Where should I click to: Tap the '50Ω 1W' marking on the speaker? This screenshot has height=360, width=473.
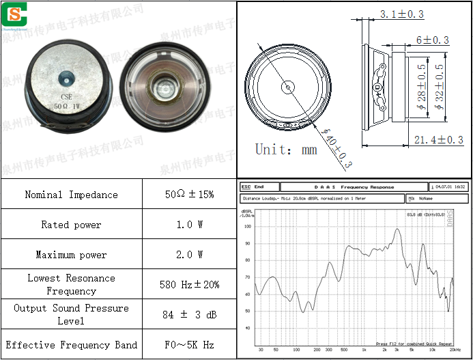67,107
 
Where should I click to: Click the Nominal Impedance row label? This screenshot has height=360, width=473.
71,195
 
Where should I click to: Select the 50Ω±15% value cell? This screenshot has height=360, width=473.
189,195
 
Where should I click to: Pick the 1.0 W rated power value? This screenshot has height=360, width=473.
189,225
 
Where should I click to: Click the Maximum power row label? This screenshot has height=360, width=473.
71,255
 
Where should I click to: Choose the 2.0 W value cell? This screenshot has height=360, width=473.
189,255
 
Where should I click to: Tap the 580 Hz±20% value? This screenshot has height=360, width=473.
189,284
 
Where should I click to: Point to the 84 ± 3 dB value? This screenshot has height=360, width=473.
189,314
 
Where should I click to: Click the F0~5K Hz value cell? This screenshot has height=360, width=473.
189,345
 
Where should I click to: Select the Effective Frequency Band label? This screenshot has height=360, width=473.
71,345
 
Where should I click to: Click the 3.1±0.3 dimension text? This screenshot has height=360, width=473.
401,14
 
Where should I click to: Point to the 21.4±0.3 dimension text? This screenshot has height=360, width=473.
438,140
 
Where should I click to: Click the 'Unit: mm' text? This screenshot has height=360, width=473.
286,149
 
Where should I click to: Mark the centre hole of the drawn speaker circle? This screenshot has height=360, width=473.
288,87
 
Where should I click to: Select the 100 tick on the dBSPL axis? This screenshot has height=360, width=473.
248,226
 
